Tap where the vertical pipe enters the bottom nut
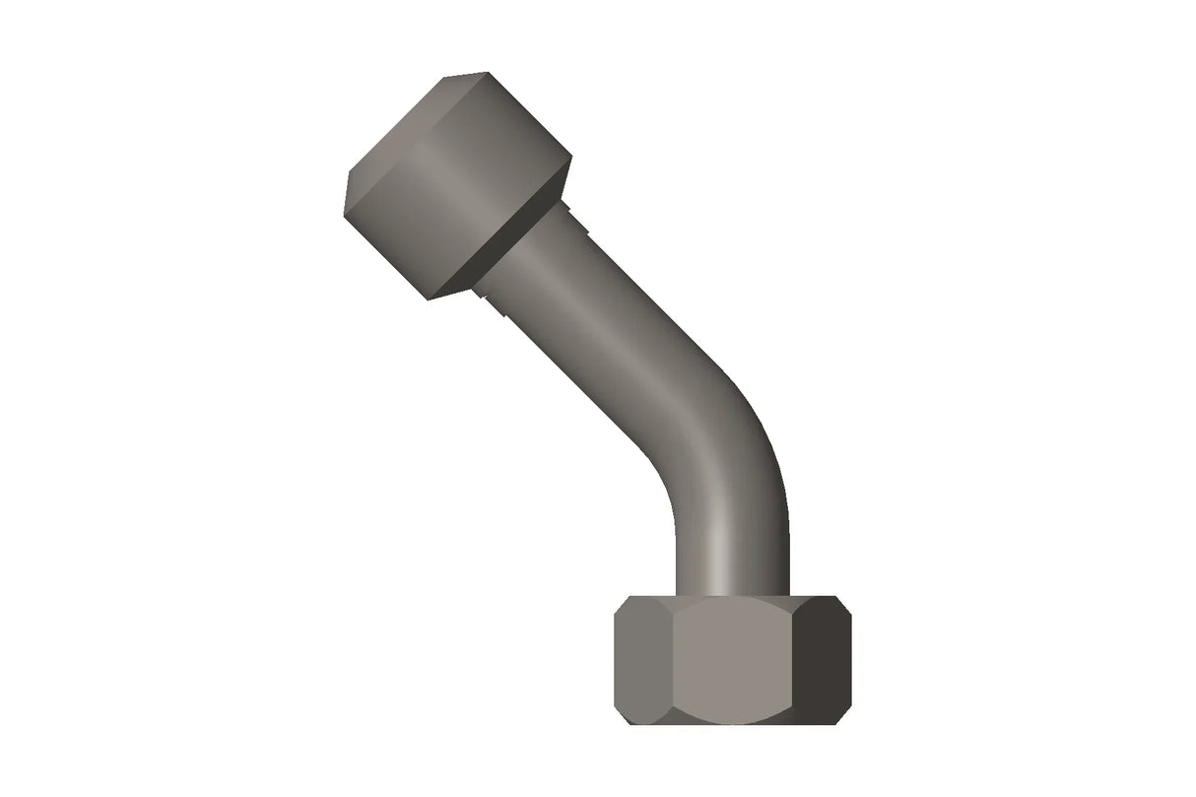[732, 594]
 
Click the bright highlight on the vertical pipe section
[725, 552]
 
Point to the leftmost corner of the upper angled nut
[346, 197]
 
